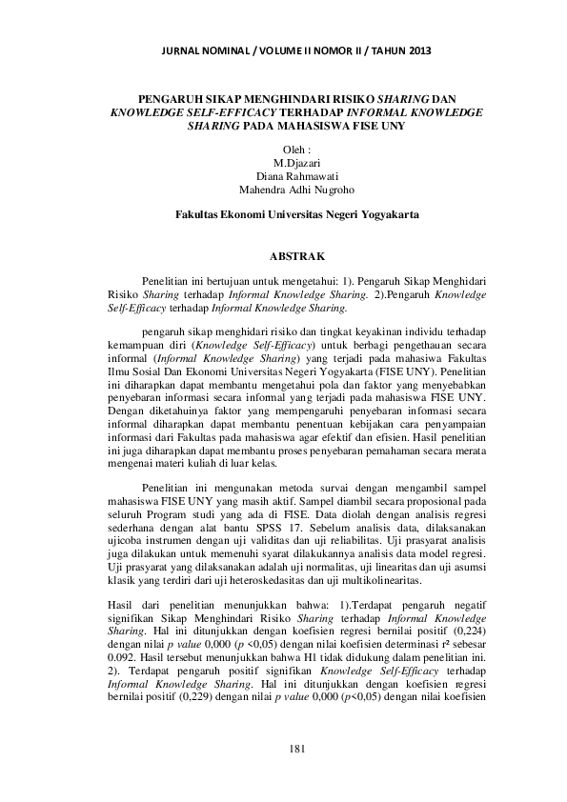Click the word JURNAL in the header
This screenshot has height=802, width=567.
[x=185, y=50]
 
